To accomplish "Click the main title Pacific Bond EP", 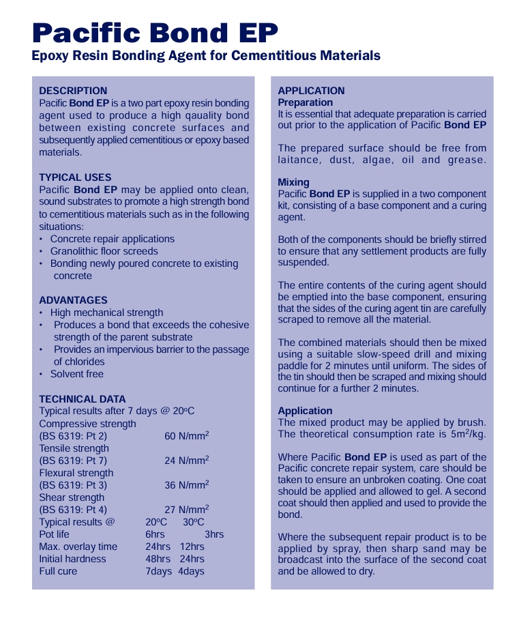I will coord(155,32).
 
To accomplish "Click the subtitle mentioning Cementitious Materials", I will coord(206,56).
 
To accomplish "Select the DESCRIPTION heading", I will coord(73,91).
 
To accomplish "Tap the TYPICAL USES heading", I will coord(75,177).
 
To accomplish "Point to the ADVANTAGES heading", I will coord(73,300).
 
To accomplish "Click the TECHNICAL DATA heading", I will coord(82,399).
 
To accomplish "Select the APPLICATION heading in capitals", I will coord(311,91).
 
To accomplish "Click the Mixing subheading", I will coord(293,182).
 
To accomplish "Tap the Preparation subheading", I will coord(306,102).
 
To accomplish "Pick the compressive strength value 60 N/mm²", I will coord(186,436).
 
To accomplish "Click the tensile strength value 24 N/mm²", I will coord(186,461).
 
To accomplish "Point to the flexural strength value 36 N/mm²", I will coord(186,485).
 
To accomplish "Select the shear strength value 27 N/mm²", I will coord(186,510).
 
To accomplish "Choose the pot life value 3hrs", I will coord(214,534).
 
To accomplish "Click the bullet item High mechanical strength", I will coord(106,312).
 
